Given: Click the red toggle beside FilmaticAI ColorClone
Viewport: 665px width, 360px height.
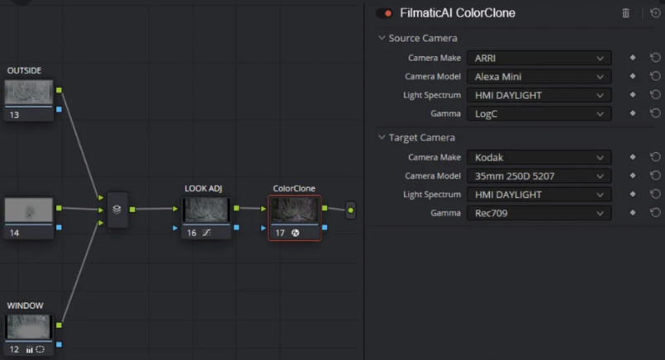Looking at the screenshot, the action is pos(384,13).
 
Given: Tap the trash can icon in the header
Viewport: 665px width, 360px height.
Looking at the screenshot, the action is pos(625,13).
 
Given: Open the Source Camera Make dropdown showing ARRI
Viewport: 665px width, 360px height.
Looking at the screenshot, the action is pos(539,58).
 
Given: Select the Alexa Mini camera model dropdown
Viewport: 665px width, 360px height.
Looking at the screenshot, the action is pos(539,77).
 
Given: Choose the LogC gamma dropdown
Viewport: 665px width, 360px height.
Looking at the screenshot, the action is pos(539,114).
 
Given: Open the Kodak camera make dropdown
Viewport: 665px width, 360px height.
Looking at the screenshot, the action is pos(539,158).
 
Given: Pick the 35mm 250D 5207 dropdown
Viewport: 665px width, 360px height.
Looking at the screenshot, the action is pos(539,176).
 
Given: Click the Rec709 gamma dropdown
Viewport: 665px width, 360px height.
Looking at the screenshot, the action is pos(539,213).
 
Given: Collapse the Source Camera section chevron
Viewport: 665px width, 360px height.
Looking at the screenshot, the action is pos(382,38).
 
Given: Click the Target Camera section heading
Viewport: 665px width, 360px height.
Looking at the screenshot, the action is pos(421,137).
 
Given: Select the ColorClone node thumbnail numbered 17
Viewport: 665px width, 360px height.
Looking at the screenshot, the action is pos(294,210).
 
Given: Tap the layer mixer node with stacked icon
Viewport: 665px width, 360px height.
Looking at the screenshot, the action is pos(116,210).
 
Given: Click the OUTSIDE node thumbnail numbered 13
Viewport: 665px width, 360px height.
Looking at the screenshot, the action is pos(29,92).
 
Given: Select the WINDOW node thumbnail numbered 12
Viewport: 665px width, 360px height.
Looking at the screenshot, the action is pos(29,326).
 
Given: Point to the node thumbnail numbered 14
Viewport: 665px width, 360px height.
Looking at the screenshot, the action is pos(29,210).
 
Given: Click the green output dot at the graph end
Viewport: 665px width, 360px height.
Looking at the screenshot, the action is pos(351,211).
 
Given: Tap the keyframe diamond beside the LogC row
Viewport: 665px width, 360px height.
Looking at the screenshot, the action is pos(632,113).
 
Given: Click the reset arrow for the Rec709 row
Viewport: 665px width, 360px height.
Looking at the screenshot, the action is pos(655,212).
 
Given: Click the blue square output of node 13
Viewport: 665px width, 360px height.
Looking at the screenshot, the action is pos(59,109).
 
